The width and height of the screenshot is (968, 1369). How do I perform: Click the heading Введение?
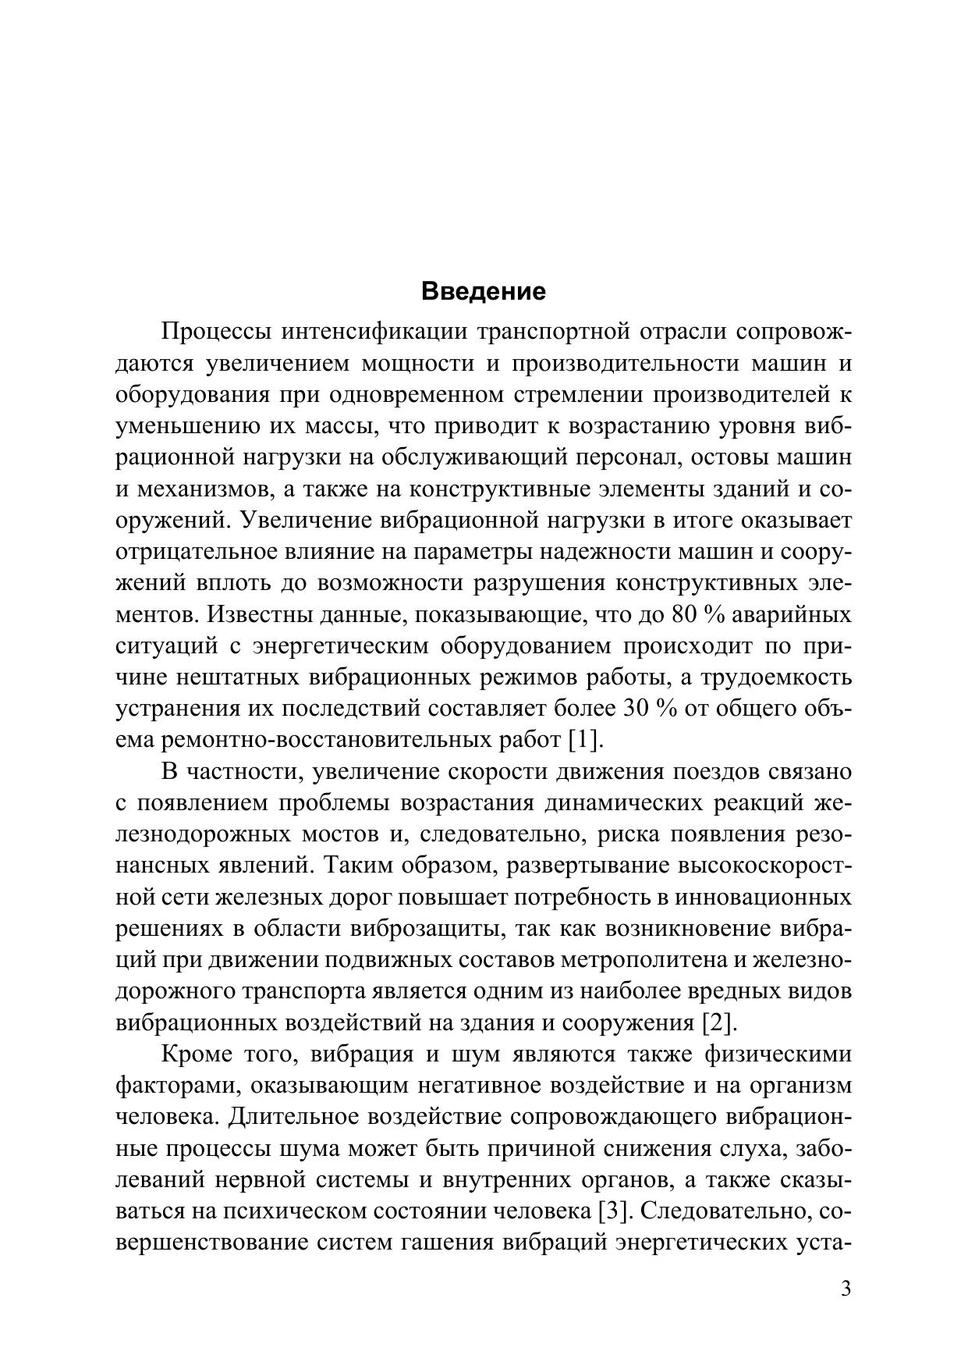coord(484,292)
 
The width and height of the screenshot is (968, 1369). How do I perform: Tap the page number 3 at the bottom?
coord(846,1288)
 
